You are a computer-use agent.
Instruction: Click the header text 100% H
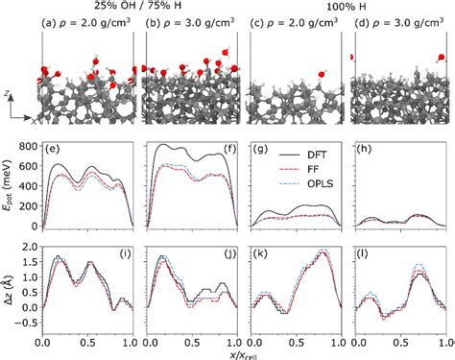pos(348,7)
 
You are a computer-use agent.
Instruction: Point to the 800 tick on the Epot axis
pos(28,147)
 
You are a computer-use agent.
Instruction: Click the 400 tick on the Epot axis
pos(28,186)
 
